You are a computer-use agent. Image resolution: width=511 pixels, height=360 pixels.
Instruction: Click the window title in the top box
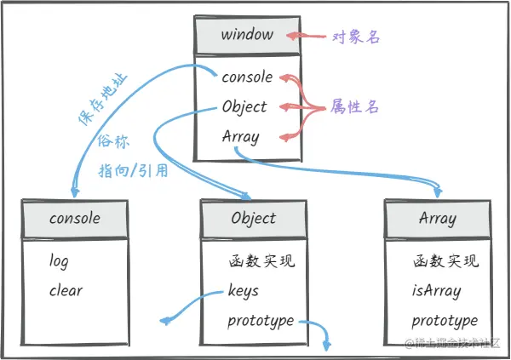[x=247, y=36]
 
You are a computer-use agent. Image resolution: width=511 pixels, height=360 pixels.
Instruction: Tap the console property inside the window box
[x=247, y=77]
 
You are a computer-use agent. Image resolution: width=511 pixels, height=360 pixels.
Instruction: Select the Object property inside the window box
[x=244, y=107]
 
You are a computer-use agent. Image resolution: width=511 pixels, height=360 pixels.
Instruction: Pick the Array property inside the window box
[x=240, y=136]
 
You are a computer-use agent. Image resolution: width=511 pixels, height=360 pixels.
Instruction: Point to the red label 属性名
[x=355, y=108]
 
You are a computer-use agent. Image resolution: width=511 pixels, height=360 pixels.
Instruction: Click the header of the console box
[x=75, y=218]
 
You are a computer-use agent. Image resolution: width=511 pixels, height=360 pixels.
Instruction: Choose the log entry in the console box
[x=59, y=261]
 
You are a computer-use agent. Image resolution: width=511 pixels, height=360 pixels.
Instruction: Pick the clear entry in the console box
[x=66, y=291]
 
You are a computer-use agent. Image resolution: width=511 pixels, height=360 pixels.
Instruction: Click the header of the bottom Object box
[x=254, y=218]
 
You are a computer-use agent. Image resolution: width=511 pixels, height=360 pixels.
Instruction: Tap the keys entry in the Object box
[x=244, y=291]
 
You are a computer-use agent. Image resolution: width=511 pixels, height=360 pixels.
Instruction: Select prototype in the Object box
[x=260, y=321]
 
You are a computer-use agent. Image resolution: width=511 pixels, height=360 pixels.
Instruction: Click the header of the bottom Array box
[x=439, y=218]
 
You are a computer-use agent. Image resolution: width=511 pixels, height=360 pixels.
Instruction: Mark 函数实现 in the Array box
[x=445, y=261]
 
